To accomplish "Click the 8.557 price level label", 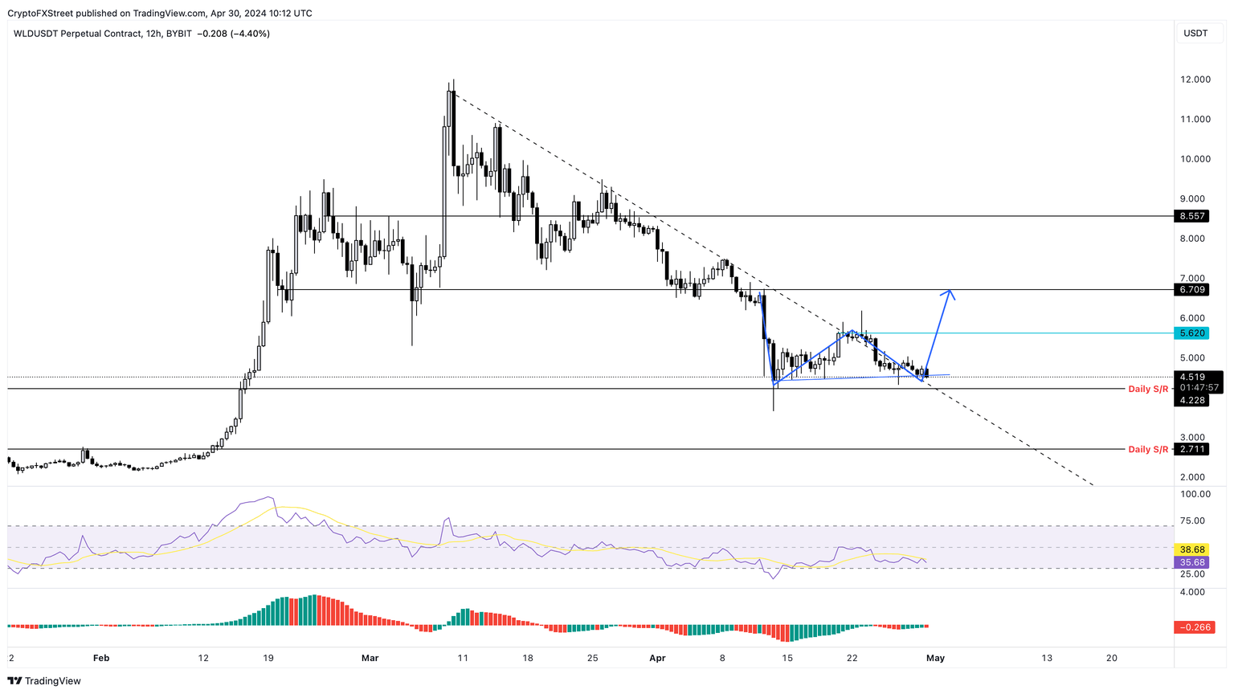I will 1192,216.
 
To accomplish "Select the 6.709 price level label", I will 1192,289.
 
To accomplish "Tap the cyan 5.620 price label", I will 1192,333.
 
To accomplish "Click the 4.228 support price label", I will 1192,400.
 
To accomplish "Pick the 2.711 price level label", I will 1192,449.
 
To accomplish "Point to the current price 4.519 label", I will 1192,377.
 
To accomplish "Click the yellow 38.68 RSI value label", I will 1192,549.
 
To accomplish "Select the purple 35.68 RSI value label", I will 1192,562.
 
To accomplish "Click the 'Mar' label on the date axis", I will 370,658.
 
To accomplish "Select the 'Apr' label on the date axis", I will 657,658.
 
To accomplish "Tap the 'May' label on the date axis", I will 935,658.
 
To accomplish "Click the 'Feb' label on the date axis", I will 100,658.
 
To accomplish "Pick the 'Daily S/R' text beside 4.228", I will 1148,389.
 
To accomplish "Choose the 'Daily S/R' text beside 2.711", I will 1148,449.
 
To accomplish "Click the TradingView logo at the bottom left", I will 44,681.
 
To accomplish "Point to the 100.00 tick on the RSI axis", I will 1195,494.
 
